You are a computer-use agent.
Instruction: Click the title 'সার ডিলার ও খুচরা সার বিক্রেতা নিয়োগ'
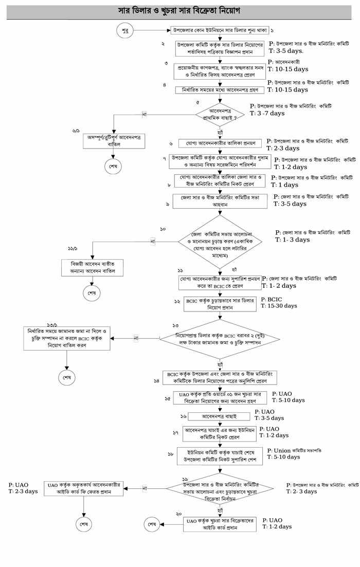pyautogui.click(x=179, y=10)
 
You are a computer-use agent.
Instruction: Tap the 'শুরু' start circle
pyautogui.click(x=124, y=31)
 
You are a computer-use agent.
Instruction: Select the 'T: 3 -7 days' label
pyautogui.click(x=267, y=113)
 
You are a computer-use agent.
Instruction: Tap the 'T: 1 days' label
pyautogui.click(x=286, y=185)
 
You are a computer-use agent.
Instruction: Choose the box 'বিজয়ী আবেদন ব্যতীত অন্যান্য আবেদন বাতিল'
pyautogui.click(x=93, y=267)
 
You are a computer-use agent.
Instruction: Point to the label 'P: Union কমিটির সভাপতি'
pyautogui.click(x=294, y=450)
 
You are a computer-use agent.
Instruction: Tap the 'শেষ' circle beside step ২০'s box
pyautogui.click(x=152, y=524)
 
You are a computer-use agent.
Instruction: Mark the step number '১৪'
pyautogui.click(x=156, y=381)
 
